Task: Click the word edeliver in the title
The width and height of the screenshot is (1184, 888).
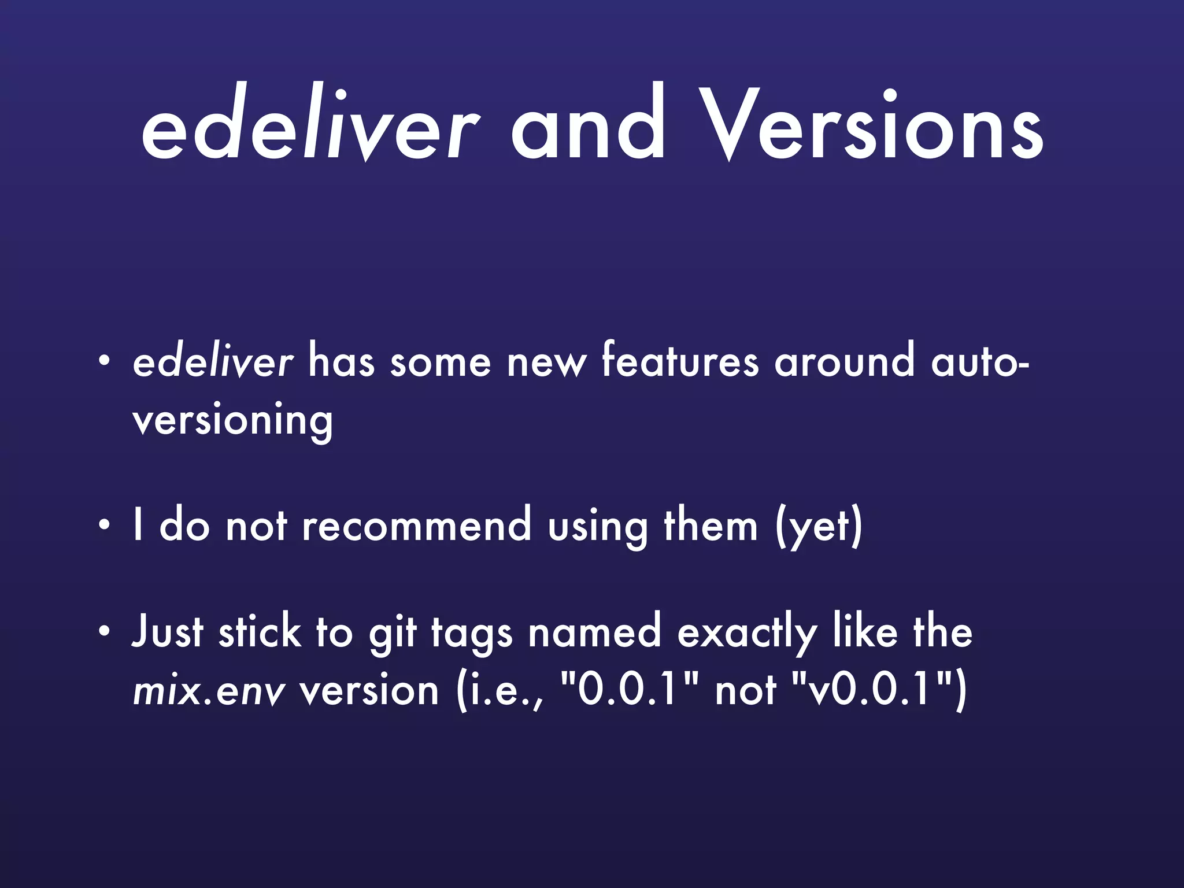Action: pos(309,124)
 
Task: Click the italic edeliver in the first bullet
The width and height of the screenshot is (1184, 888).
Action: pos(213,362)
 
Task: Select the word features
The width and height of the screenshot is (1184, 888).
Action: pos(680,362)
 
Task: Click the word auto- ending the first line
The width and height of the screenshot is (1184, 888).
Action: pos(979,362)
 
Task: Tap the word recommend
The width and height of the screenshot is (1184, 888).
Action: pos(416,526)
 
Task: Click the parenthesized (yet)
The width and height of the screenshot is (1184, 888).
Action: pos(819,527)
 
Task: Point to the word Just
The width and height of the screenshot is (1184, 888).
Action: pos(168,631)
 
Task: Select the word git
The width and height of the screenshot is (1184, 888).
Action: pos(393,633)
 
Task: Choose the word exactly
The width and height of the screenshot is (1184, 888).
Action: pos(746,633)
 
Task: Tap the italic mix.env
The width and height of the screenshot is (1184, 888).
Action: pos(209,691)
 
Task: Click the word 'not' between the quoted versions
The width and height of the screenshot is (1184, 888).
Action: pos(745,691)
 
